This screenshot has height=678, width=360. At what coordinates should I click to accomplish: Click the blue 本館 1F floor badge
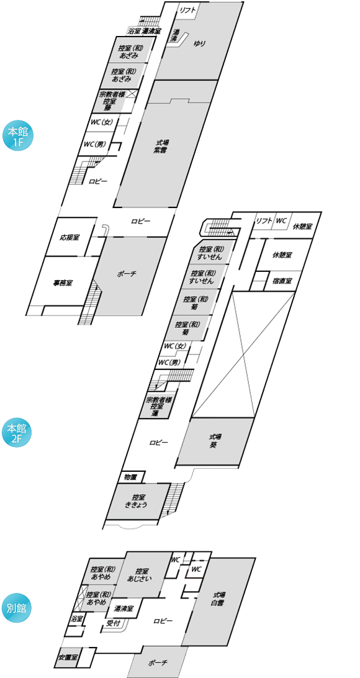click(x=18, y=137)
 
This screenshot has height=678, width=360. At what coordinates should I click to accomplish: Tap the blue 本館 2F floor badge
click(x=18, y=435)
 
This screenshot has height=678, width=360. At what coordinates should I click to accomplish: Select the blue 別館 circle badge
click(x=18, y=608)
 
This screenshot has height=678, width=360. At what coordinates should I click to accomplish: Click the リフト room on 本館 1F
click(x=187, y=11)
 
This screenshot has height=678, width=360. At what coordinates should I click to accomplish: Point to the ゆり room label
click(x=199, y=43)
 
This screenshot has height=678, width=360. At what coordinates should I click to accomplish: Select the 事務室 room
click(x=63, y=284)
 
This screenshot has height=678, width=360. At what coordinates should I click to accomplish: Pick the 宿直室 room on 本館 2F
click(x=282, y=281)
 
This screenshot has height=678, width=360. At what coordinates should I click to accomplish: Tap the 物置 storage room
click(x=130, y=477)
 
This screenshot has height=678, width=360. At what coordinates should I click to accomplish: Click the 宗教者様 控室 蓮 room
click(x=156, y=406)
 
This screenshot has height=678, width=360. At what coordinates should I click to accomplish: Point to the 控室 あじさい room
click(x=140, y=574)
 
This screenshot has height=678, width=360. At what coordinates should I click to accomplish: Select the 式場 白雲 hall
click(x=217, y=600)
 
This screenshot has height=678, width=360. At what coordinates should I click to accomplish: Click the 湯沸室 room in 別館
click(x=123, y=608)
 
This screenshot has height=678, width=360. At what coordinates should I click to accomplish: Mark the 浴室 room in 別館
click(x=76, y=619)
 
